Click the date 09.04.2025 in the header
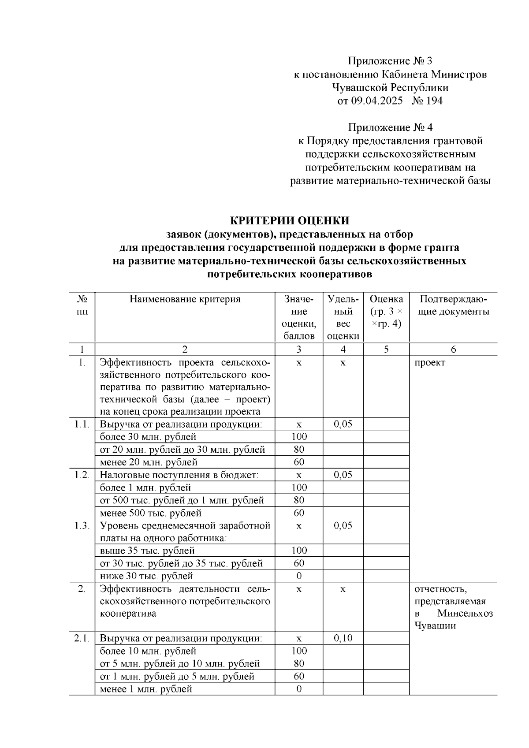pos(377,101)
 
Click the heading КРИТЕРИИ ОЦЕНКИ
pos(290,220)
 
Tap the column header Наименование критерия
pos(185,299)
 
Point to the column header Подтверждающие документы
pos(453,305)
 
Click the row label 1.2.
pos(82,475)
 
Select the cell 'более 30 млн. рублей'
pos(148,437)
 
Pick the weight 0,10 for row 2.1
pos(343,638)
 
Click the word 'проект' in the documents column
pos(430,362)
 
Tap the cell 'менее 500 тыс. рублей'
pos(151,513)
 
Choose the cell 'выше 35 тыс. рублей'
pos(147,551)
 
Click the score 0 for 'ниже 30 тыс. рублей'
pos(299,576)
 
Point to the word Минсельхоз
pos(465,614)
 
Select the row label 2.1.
pos(82,638)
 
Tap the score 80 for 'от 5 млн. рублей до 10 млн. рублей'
pos(299,663)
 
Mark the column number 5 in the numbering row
pos(386,350)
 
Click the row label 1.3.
pos(82,525)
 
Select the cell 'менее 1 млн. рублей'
pos(146,689)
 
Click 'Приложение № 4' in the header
pos(390,127)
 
